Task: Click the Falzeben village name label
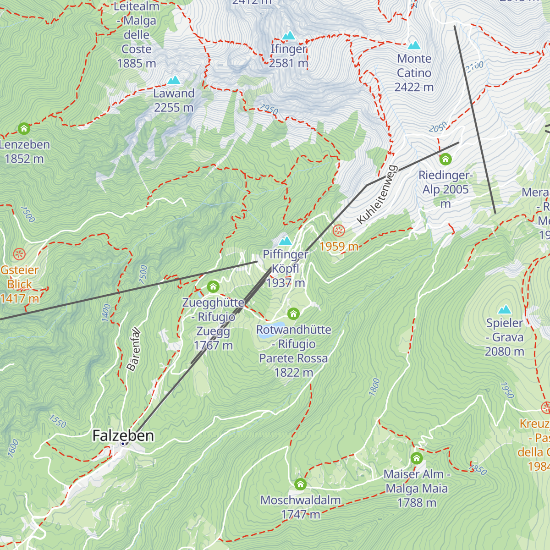(123, 435)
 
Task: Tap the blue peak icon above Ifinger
(288, 35)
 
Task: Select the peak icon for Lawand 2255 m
(173, 80)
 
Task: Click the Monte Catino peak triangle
(414, 45)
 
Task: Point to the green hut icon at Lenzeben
(24, 128)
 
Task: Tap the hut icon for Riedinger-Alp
(445, 159)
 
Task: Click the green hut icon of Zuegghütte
(213, 287)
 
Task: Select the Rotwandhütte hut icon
(293, 314)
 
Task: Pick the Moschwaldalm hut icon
(300, 484)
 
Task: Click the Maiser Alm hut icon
(416, 458)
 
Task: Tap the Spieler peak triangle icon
(504, 309)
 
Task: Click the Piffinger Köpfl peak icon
(285, 240)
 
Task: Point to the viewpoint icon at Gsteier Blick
(19, 254)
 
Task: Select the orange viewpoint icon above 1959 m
(339, 231)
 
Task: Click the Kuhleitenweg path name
(376, 195)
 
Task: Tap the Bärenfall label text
(134, 350)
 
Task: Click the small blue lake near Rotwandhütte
(265, 334)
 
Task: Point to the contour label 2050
(438, 127)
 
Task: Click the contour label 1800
(374, 387)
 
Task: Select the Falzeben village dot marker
(123, 444)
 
